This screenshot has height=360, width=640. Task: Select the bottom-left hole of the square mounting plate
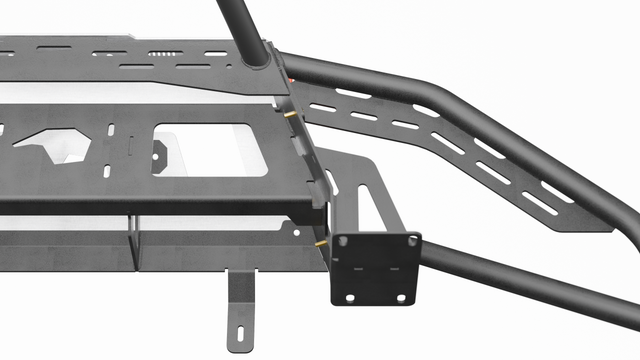[x=346, y=296]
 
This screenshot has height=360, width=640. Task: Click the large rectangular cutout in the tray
[x=210, y=149]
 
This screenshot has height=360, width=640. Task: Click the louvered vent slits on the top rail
[x=165, y=53]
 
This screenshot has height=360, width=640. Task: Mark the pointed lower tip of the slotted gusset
[x=607, y=228]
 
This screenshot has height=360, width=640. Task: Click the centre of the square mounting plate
[x=376, y=267]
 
